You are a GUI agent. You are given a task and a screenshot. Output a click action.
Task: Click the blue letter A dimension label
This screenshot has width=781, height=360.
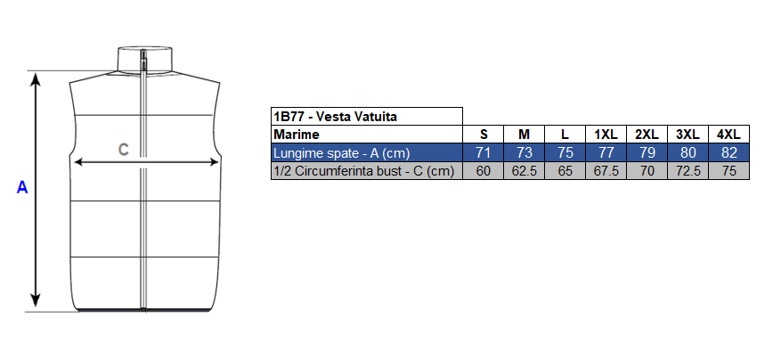(22, 187)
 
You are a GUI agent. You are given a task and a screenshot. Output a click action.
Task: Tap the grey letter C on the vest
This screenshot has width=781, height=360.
(124, 150)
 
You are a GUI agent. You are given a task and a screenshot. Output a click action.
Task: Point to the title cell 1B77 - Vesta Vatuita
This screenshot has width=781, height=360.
(367, 117)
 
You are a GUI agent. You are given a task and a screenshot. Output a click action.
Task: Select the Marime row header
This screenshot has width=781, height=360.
(367, 135)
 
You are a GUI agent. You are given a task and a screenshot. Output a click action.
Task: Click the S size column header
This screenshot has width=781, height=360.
(484, 135)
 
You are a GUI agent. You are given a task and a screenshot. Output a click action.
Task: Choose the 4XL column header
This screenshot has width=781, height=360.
(728, 135)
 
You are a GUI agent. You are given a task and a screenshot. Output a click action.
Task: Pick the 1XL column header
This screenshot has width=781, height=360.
(606, 135)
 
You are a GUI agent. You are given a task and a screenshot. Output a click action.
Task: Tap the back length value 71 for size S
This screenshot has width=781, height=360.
(484, 152)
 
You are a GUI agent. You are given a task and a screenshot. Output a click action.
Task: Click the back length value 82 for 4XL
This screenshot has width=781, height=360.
(728, 152)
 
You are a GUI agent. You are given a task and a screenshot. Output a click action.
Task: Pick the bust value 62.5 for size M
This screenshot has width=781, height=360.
(525, 171)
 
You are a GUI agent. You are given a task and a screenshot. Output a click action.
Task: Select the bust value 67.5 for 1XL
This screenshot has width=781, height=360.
(606, 171)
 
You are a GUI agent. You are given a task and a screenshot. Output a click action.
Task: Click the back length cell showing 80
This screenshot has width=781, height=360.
(687, 152)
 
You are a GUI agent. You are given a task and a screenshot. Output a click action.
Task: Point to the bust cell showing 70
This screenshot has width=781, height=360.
(647, 171)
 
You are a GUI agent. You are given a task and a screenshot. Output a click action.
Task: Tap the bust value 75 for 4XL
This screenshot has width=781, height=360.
(728, 171)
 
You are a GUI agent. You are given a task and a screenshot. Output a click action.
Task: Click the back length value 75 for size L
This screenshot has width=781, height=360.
(565, 152)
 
